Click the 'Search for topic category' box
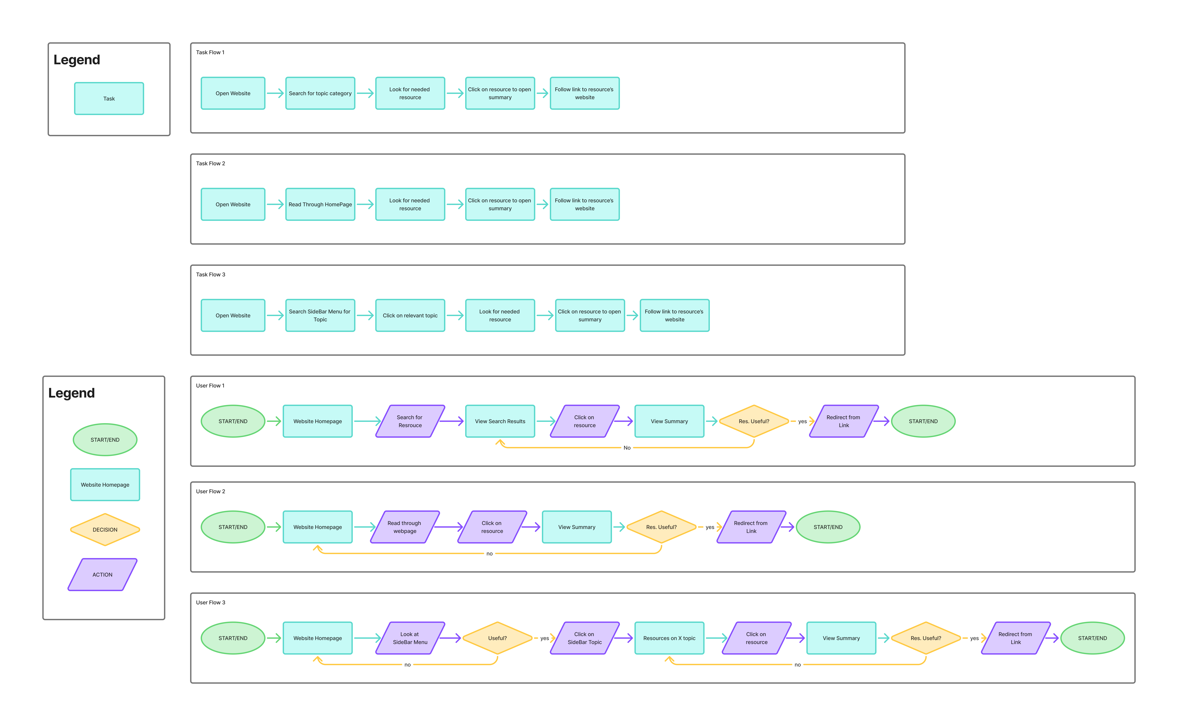click(320, 93)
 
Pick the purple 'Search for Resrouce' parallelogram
click(410, 421)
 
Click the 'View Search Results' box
click(500, 421)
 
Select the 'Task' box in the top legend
click(109, 98)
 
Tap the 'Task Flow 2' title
click(210, 163)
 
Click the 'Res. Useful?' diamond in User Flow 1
click(754, 421)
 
